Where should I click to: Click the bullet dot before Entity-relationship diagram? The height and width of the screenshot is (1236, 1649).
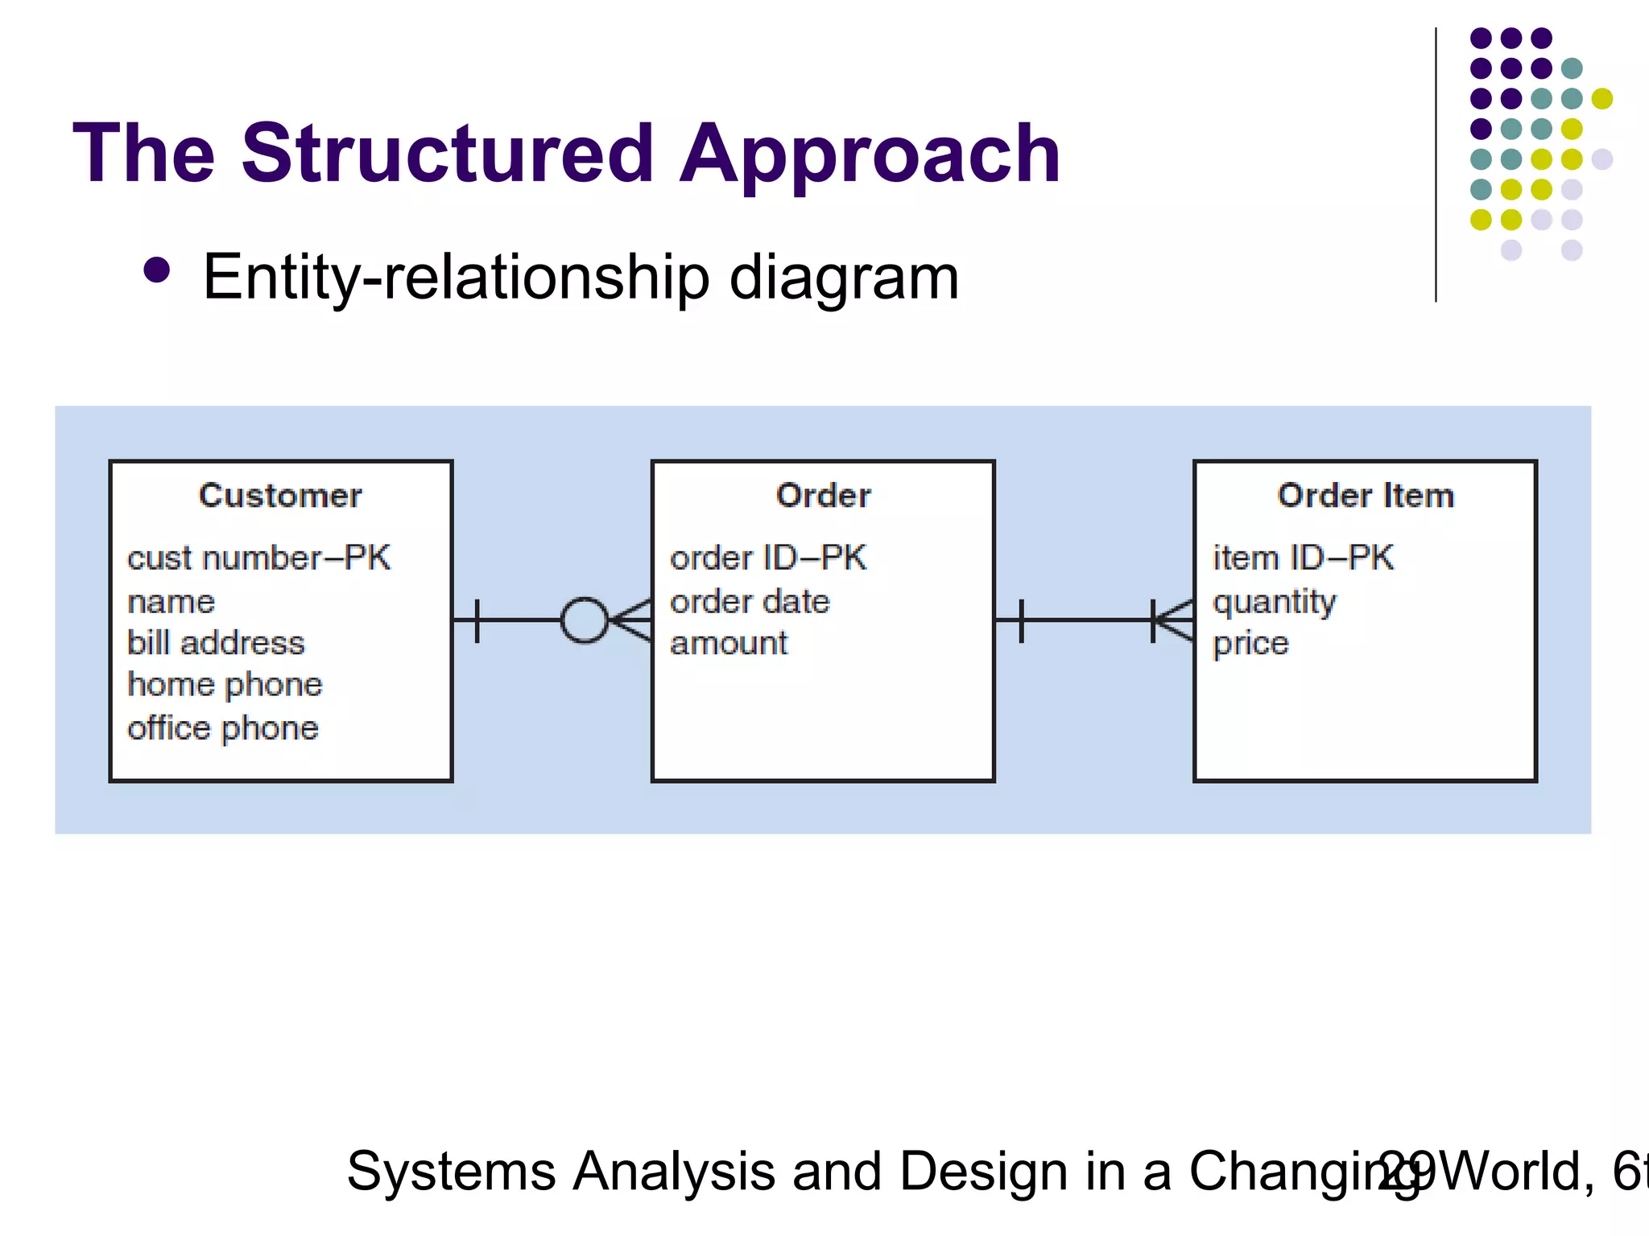click(156, 271)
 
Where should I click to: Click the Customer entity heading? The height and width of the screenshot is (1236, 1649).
click(280, 495)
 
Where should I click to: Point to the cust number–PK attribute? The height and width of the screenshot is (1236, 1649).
click(258, 558)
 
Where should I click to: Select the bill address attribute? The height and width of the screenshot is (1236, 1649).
click(216, 642)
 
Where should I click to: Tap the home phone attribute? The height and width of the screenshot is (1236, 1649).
click(225, 684)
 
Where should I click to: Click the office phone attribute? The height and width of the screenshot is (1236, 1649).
click(223, 727)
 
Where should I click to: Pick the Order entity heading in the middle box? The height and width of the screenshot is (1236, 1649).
click(823, 495)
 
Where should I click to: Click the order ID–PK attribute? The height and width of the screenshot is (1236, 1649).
click(768, 558)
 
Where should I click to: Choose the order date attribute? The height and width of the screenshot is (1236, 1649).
click(750, 601)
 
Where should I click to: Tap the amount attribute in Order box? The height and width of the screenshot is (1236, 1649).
click(729, 643)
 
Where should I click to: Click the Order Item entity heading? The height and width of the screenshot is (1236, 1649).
click(1366, 495)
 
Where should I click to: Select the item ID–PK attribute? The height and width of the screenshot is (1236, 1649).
click(1303, 558)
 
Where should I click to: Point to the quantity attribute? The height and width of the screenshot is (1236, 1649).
click(1274, 602)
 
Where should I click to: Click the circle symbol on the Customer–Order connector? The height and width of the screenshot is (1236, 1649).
click(584, 620)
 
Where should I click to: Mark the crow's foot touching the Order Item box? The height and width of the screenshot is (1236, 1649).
click(1176, 620)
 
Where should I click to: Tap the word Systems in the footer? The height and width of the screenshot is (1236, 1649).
click(451, 1171)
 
